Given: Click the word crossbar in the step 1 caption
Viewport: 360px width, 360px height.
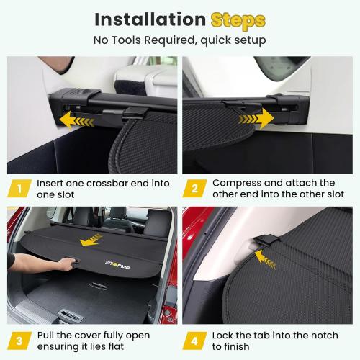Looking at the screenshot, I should click(x=112, y=183).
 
